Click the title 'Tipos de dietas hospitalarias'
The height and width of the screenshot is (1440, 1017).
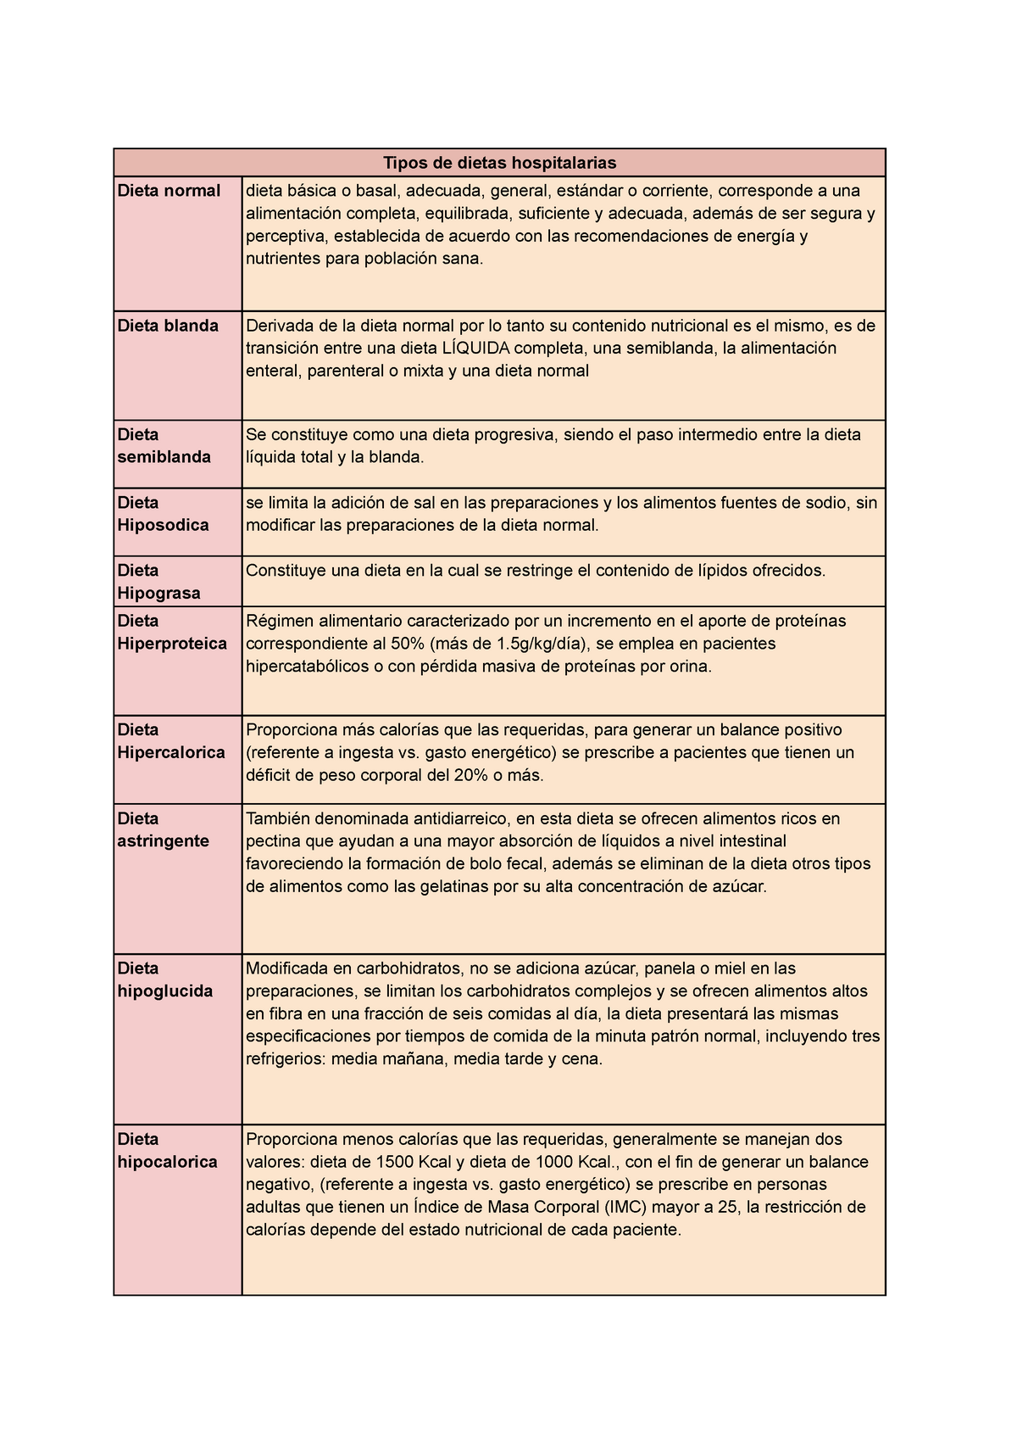pyautogui.click(x=499, y=162)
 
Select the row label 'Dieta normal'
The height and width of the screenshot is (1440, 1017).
pyautogui.click(x=169, y=191)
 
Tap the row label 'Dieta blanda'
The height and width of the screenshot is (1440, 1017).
pyautogui.click(x=168, y=326)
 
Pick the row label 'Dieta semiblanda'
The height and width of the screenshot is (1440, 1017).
pyautogui.click(x=164, y=446)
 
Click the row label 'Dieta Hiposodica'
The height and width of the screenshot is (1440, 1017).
pyautogui.click(x=163, y=514)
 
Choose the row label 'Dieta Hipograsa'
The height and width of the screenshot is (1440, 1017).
pyautogui.click(x=159, y=582)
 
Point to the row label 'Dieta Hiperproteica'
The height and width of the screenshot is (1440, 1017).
pyautogui.click(x=172, y=633)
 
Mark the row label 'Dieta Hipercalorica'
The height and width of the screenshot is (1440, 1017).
pyautogui.click(x=171, y=741)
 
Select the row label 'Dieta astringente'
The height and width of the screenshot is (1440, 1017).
pyautogui.click(x=163, y=830)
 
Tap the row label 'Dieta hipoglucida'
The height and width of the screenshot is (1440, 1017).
pyautogui.click(x=165, y=980)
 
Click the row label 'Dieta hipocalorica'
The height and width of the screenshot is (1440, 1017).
pyautogui.click(x=167, y=1151)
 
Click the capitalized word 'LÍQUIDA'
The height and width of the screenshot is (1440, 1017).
pyautogui.click(x=475, y=349)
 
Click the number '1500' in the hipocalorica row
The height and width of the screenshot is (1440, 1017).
pyautogui.click(x=396, y=1162)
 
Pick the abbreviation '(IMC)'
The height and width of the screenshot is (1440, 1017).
pyautogui.click(x=626, y=1208)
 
